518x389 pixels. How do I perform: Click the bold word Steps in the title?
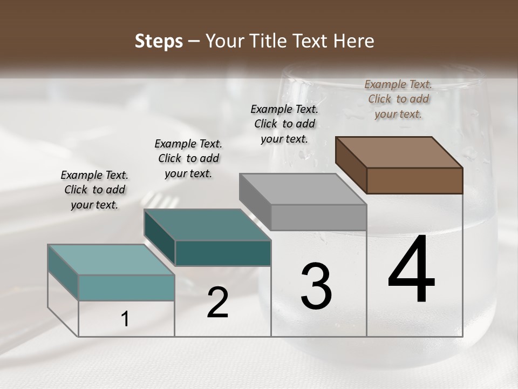(x=159, y=41)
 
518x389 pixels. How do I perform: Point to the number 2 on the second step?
(x=217, y=303)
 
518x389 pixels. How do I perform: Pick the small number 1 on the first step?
(x=125, y=319)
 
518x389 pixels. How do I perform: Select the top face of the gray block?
(x=303, y=189)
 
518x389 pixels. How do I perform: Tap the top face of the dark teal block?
(x=207, y=225)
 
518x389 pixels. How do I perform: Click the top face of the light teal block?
(x=111, y=260)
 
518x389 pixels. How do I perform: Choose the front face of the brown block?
(x=414, y=180)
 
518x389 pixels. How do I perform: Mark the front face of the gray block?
(x=318, y=217)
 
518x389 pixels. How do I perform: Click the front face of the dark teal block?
(x=223, y=253)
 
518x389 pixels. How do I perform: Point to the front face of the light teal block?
(x=127, y=287)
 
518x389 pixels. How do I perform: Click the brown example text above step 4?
(x=398, y=99)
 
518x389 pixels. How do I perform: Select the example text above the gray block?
(x=284, y=124)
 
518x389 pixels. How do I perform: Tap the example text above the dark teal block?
(x=188, y=158)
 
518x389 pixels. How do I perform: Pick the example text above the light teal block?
(x=94, y=190)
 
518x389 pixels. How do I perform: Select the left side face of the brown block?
(x=351, y=165)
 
